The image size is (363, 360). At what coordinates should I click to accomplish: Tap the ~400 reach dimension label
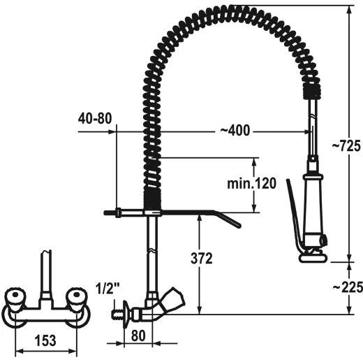click(234, 131)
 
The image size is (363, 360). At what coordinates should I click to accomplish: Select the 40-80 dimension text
click(94, 117)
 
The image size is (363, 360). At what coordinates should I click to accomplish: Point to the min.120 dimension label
click(251, 185)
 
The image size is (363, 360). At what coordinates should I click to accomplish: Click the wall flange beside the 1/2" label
click(125, 311)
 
